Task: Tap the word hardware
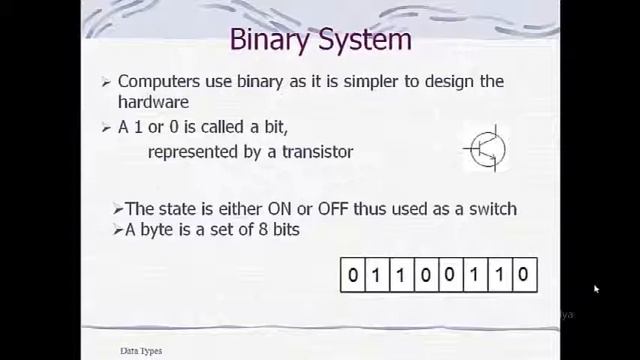tap(153, 102)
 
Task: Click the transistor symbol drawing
tap(486, 150)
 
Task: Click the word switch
tap(490, 209)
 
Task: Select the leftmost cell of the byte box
tap(352, 275)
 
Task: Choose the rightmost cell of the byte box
tap(524, 275)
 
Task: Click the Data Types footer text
tap(141, 351)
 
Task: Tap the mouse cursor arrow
tap(596, 290)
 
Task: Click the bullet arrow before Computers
tap(107, 82)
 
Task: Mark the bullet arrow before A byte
tap(118, 230)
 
